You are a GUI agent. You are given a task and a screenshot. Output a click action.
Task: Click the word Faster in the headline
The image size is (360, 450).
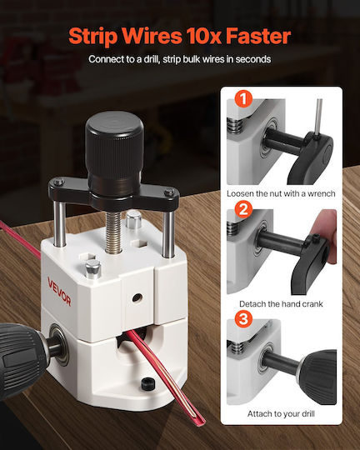(258, 36)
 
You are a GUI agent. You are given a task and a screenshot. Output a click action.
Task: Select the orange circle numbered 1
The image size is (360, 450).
(243, 99)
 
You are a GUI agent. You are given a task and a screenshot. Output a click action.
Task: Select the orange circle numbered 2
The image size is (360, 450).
(243, 209)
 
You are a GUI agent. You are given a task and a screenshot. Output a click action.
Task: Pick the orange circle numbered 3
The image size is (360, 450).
(243, 319)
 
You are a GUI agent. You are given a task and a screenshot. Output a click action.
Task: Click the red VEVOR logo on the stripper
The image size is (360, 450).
(59, 292)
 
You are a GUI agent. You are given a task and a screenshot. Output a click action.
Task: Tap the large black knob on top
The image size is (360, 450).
(114, 149)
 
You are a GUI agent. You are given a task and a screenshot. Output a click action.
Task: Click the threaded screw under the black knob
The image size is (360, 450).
(113, 232)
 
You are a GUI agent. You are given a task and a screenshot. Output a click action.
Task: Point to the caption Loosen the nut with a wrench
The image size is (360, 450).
(281, 193)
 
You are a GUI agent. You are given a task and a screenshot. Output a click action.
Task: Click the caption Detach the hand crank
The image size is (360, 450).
(281, 304)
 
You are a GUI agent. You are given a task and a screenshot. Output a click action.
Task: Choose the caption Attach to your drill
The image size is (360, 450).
(281, 414)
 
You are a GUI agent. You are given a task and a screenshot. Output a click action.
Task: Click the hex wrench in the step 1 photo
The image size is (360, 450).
(318, 117)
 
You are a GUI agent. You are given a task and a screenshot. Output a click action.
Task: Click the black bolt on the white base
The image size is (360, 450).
(148, 383)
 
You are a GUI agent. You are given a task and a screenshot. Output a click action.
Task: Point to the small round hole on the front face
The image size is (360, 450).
(137, 297)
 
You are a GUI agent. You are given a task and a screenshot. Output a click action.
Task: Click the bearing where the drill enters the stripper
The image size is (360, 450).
(59, 344)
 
